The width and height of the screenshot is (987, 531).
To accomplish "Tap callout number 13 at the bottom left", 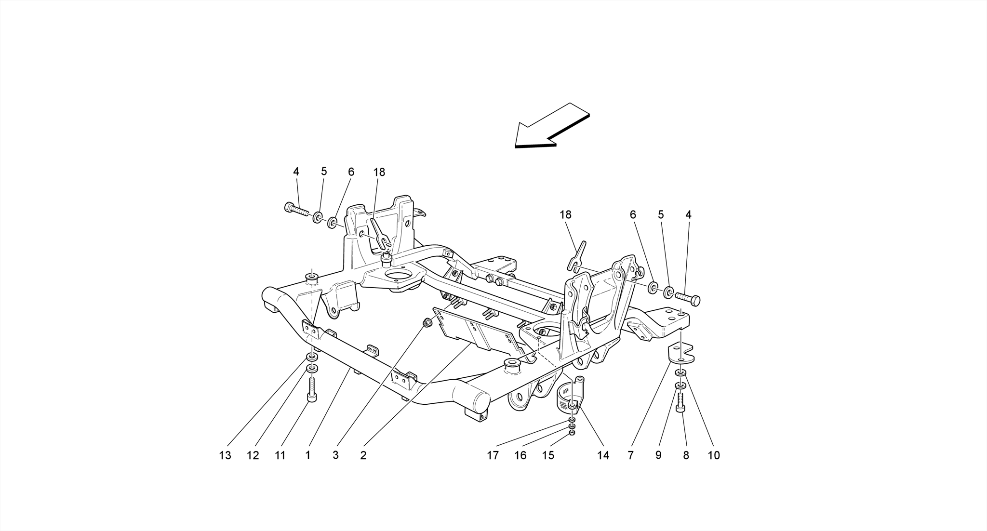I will (x=225, y=455).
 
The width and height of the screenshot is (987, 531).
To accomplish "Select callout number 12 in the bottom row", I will (x=253, y=455).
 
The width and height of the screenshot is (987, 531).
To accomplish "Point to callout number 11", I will (x=280, y=455).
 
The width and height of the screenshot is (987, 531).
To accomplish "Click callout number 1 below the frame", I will (x=307, y=455).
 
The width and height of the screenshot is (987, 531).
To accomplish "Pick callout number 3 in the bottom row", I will (x=335, y=455).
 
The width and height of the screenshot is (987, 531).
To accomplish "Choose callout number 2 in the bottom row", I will (x=363, y=455).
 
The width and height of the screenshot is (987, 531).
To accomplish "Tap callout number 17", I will (x=493, y=455).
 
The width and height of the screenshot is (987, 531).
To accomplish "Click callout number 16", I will (x=520, y=455).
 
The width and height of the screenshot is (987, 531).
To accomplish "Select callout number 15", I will (x=548, y=455).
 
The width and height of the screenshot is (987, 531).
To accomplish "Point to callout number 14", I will (x=603, y=455).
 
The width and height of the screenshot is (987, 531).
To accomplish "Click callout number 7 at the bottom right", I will (x=630, y=455).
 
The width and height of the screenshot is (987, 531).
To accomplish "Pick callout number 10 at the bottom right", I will (x=714, y=455).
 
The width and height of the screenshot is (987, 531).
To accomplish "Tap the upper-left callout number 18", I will (x=379, y=172).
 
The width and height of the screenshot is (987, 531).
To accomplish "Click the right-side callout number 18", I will (x=565, y=214).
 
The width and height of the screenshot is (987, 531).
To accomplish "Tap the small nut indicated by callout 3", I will (x=427, y=322).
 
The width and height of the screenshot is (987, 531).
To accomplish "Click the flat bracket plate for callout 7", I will (x=680, y=354).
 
